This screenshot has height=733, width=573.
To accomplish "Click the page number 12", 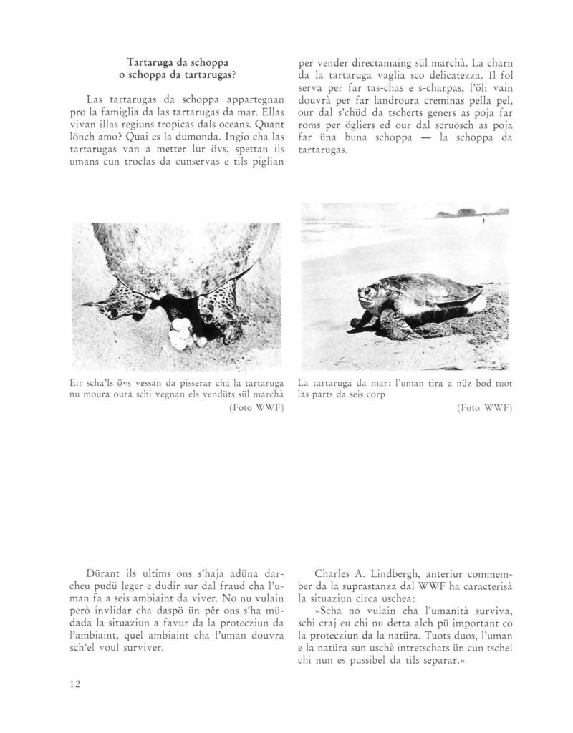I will pos(74,684).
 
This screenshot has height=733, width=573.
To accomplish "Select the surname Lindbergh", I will pos(390,573).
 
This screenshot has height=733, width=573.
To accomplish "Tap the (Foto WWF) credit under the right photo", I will pos(483,409).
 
